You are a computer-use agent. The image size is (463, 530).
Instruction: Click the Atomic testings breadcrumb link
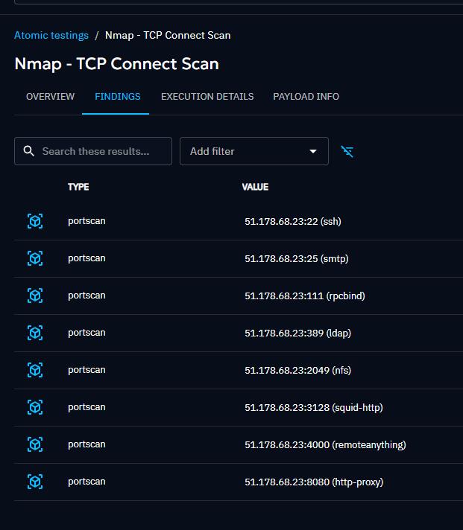point(51,35)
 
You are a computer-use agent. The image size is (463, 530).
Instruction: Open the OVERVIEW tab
point(50,97)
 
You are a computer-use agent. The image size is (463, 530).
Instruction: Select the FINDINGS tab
point(118,97)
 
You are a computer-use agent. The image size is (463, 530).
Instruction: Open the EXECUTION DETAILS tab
point(207,97)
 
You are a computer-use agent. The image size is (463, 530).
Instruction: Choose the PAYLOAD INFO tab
point(306,97)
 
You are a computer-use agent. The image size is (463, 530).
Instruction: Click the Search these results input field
point(101,151)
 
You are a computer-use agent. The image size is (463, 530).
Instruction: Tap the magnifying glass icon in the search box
point(29,151)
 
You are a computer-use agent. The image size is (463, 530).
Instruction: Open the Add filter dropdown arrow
point(313,151)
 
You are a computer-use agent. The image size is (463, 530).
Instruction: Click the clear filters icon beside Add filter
point(347,151)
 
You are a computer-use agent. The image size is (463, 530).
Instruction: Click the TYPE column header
point(78,187)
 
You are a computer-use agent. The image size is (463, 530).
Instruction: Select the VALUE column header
point(255,187)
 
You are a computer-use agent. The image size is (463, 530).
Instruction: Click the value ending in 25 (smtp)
point(296,258)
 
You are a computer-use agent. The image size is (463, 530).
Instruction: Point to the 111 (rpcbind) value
point(304,296)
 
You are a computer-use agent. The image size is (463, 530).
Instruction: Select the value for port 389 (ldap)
point(297,333)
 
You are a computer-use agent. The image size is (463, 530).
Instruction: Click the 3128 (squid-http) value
point(313,407)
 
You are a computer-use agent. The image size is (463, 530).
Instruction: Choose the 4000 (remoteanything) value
point(325,444)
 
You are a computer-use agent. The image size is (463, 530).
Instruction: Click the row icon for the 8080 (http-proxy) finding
point(35,482)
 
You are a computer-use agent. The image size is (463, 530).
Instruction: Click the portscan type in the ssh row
point(86,221)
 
